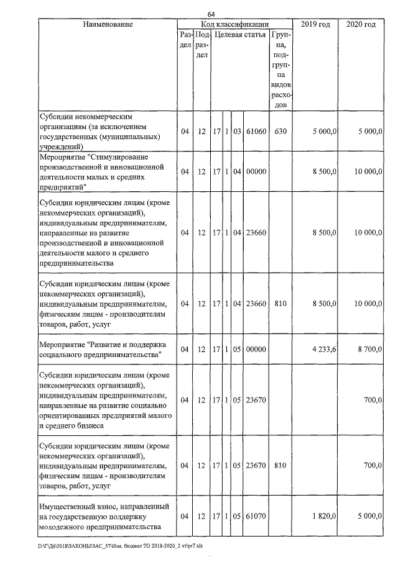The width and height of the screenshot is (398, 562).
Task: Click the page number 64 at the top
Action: coord(211,14)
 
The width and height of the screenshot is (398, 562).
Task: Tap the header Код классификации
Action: coord(234,24)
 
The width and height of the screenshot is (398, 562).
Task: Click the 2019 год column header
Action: coord(315,24)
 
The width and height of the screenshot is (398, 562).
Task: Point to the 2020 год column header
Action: coord(361,24)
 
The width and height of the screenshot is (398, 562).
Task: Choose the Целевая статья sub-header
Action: coord(239,35)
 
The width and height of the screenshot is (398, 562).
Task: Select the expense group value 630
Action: coord(280,132)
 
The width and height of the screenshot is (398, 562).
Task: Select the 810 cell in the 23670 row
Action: coord(280,465)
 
